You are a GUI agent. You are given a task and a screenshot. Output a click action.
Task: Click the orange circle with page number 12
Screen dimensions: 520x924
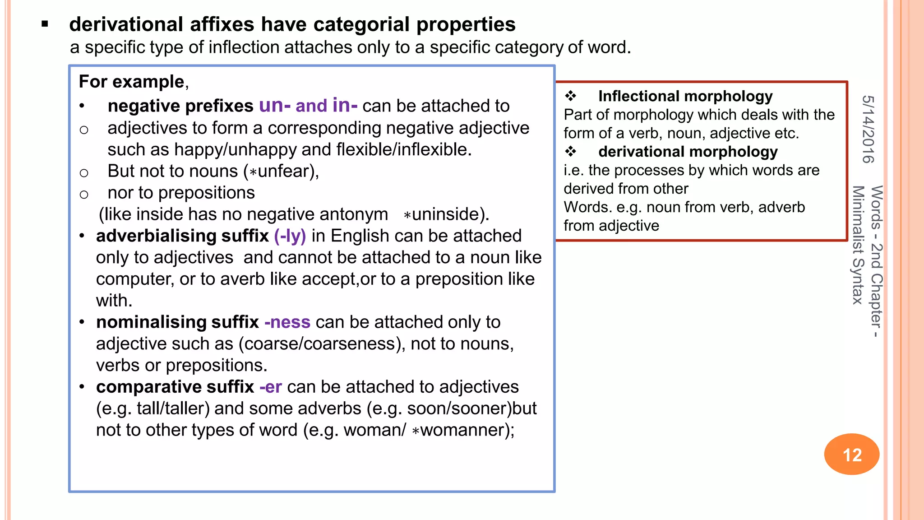click(851, 454)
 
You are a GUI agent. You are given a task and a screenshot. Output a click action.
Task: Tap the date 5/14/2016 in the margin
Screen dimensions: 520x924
click(869, 129)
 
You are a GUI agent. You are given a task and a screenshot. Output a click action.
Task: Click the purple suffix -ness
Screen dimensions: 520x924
click(287, 322)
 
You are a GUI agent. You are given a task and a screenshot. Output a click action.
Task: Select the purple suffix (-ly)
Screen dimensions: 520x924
click(290, 236)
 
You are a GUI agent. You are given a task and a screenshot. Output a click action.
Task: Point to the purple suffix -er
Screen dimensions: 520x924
click(271, 387)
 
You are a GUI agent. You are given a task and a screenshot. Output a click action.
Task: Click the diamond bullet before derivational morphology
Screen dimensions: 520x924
click(571, 152)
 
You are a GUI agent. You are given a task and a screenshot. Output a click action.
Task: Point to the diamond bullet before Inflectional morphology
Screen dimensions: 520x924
click(571, 96)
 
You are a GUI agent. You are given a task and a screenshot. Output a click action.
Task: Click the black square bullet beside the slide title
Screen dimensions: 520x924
click(45, 24)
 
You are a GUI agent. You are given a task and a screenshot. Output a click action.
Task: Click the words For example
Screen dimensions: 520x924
click(131, 82)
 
